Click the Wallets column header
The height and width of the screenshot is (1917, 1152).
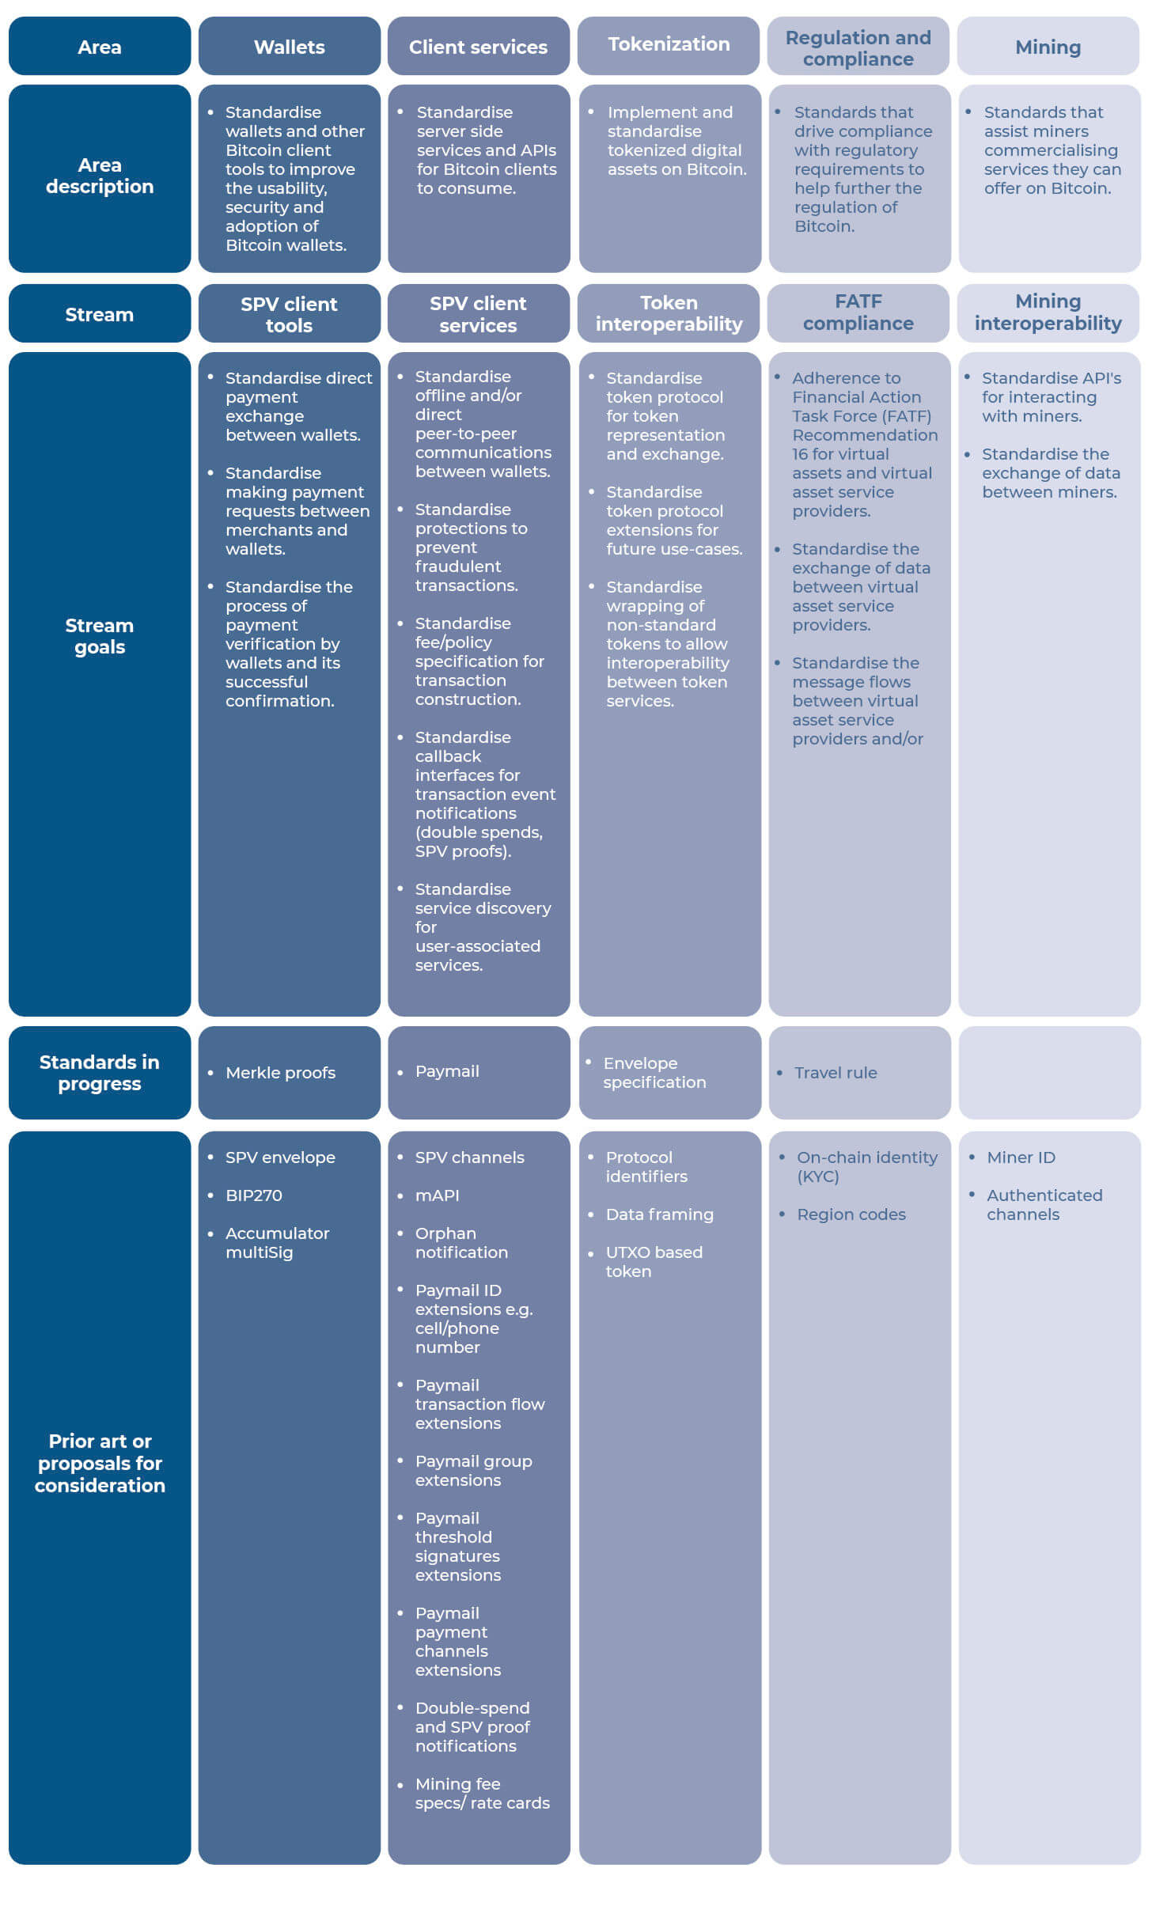(289, 47)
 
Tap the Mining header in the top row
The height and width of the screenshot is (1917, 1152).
(1048, 47)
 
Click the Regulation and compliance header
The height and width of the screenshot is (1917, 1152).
(858, 47)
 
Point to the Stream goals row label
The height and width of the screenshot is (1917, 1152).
(100, 636)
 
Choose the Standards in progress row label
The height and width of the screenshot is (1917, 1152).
(100, 1073)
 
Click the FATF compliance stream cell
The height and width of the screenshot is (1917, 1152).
(858, 313)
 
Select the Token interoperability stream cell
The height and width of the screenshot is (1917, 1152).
(669, 313)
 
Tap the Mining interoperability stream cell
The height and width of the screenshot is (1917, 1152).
(1048, 313)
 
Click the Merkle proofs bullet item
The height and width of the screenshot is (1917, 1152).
(280, 1073)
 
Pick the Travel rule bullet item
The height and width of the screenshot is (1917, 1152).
(836, 1073)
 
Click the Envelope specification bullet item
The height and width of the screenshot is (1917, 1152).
(654, 1073)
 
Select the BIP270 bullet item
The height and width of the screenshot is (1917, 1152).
(253, 1195)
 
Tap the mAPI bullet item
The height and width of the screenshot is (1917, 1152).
(437, 1195)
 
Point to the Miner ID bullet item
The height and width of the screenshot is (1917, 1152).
(1021, 1157)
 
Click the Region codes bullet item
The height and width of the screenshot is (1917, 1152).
(851, 1214)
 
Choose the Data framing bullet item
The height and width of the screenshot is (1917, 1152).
(659, 1214)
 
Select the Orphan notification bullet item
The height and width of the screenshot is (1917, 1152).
(461, 1243)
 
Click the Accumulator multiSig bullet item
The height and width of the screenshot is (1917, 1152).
(277, 1243)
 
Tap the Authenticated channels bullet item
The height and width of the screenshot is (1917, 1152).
(1044, 1205)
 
